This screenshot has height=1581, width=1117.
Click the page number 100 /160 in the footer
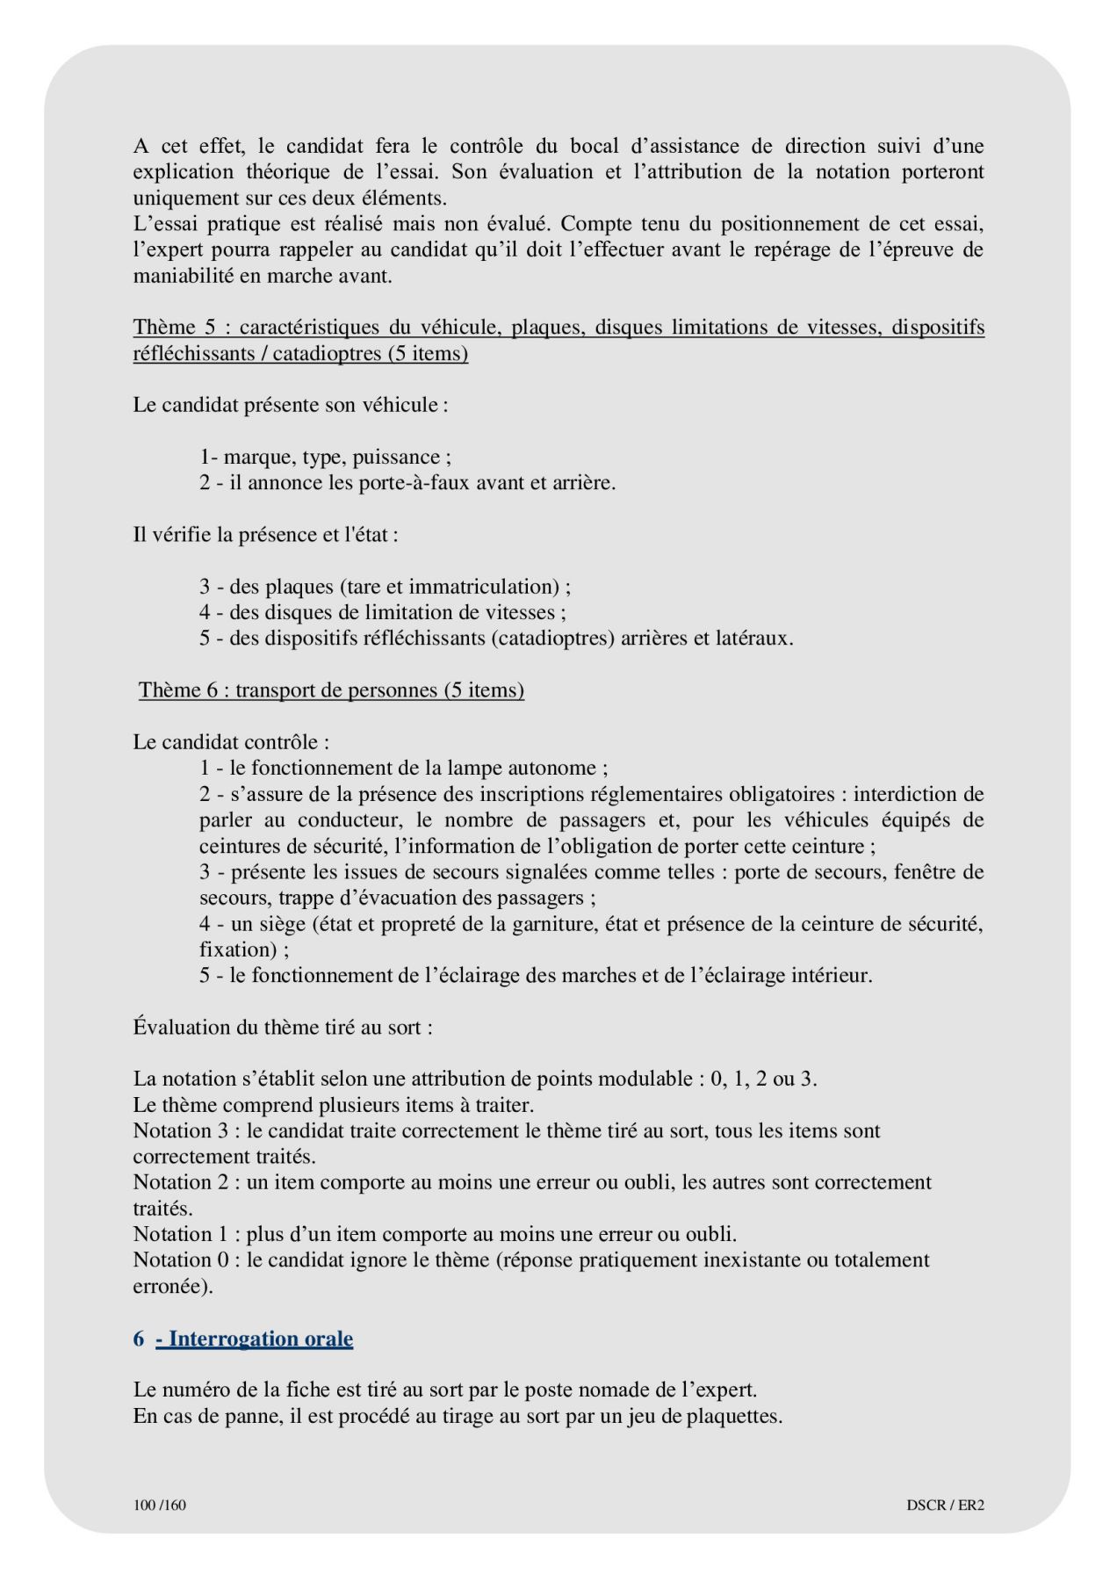160,1505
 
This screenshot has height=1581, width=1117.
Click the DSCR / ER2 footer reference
945,1505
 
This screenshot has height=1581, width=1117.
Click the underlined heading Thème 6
331,690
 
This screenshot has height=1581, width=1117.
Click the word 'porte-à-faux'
414,483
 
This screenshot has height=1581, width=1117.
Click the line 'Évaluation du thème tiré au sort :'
283,1028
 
